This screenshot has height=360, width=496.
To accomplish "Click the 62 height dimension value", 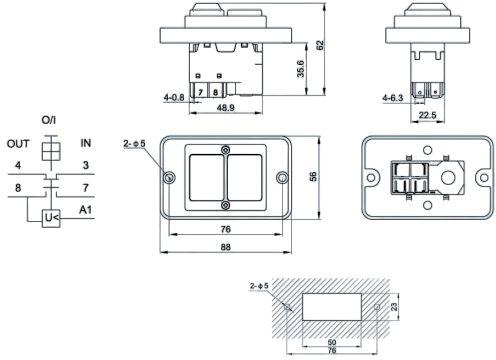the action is pos(319,45).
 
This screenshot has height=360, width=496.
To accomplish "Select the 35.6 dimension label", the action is pos(300,69).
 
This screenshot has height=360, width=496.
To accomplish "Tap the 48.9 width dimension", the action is pos(226,108).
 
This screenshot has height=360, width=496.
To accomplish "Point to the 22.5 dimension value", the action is pos(427,115).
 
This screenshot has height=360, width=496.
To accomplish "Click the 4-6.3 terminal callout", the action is pos(393,98).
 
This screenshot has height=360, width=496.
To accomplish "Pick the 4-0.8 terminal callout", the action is pos(174,97).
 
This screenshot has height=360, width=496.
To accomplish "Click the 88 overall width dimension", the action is pos(226,247).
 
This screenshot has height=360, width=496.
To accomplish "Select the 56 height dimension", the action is pos(313,177).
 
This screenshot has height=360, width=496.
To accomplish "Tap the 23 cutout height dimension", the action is pos(394,307).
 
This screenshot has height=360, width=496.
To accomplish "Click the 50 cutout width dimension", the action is pos(332,342).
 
